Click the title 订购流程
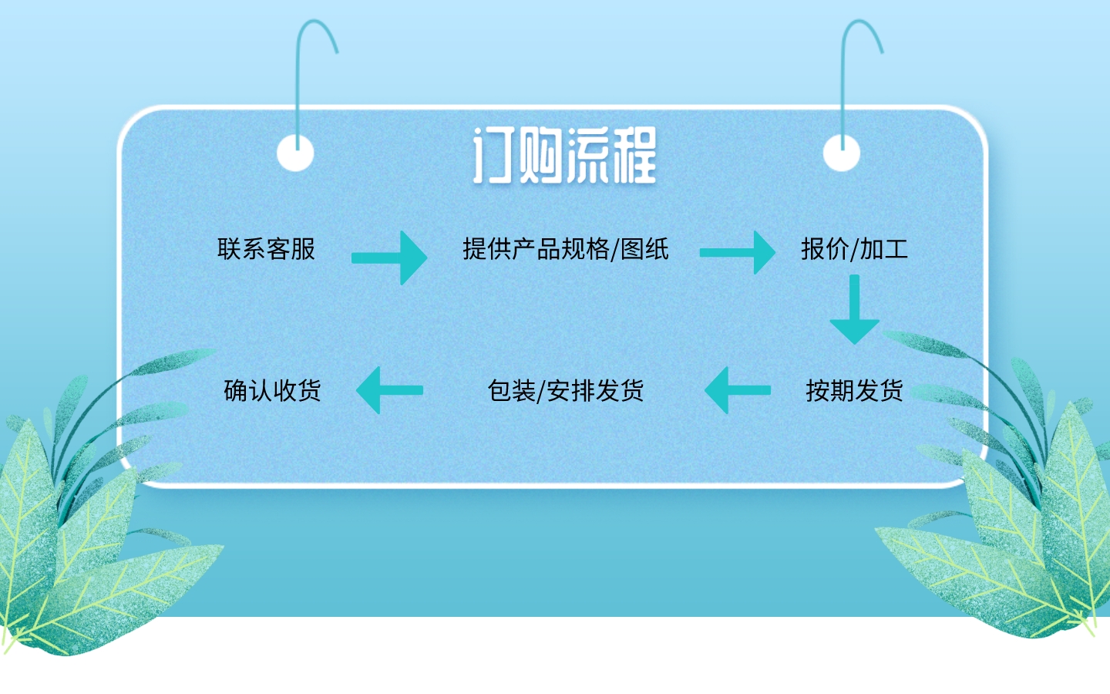(564, 157)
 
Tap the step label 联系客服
(266, 249)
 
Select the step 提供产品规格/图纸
(565, 249)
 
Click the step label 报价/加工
(854, 249)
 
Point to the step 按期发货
(854, 391)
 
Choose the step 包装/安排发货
(565, 391)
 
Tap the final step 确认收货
(272, 391)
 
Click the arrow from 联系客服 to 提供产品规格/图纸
(389, 257)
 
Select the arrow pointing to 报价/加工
(738, 252)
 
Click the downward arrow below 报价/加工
(854, 310)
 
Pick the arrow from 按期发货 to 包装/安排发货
(737, 390)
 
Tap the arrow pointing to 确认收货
(389, 390)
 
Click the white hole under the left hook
(295, 152)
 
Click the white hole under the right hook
(841, 152)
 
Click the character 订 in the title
(493, 157)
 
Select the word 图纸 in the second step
(644, 249)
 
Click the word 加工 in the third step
(883, 249)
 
